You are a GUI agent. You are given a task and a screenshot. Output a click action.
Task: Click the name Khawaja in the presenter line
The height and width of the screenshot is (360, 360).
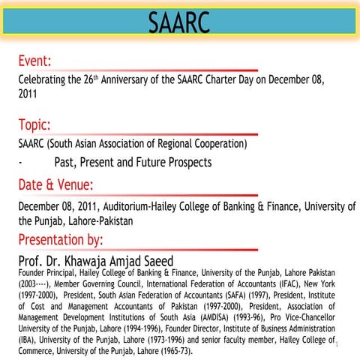99,260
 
